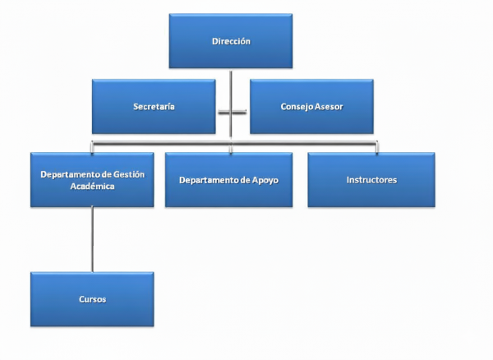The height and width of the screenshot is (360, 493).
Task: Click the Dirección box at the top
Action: pyautogui.click(x=231, y=40)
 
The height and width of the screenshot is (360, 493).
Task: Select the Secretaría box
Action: pyautogui.click(x=154, y=106)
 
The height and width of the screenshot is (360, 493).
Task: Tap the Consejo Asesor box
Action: pyautogui.click(x=311, y=106)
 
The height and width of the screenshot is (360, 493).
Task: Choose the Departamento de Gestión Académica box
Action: pyautogui.click(x=92, y=179)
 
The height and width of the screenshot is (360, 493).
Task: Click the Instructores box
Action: pyautogui.click(x=371, y=179)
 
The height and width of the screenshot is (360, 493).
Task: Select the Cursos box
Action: pyautogui.click(x=92, y=299)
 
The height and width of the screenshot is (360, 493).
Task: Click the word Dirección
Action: pyautogui.click(x=231, y=40)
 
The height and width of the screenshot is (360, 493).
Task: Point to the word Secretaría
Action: pyautogui.click(x=154, y=107)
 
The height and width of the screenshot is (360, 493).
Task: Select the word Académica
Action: pyautogui.click(x=92, y=187)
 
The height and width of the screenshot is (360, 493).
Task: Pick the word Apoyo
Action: pyautogui.click(x=275, y=180)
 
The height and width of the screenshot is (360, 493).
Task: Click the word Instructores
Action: pyautogui.click(x=371, y=179)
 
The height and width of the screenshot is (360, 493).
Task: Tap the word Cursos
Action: pyautogui.click(x=92, y=300)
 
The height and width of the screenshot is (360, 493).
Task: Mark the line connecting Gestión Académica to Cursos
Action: pyautogui.click(x=92, y=238)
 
